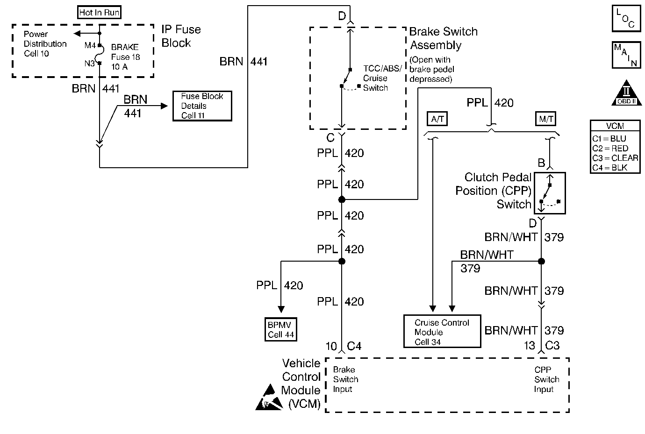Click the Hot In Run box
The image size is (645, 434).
[100, 12]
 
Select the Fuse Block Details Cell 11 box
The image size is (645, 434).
[202, 106]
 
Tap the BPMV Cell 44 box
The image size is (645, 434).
[281, 329]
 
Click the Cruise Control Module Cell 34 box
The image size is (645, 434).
[442, 331]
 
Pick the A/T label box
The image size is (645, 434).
[437, 119]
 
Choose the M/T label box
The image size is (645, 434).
[545, 119]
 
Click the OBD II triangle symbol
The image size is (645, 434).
[627, 93]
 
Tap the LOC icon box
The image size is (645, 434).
[627, 18]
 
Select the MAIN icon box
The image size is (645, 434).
[627, 55]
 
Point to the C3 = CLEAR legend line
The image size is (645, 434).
[615, 158]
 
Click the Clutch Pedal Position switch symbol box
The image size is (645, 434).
[550, 193]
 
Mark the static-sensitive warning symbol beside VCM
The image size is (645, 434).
[269, 397]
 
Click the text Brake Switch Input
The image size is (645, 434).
[345, 379]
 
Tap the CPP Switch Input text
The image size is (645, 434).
[546, 379]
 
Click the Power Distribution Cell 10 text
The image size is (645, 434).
[45, 44]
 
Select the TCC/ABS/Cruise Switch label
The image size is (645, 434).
[382, 78]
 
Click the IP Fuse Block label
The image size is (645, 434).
[181, 36]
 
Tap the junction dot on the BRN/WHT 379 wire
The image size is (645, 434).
[541, 261]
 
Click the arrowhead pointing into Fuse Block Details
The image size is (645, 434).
[164, 106]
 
